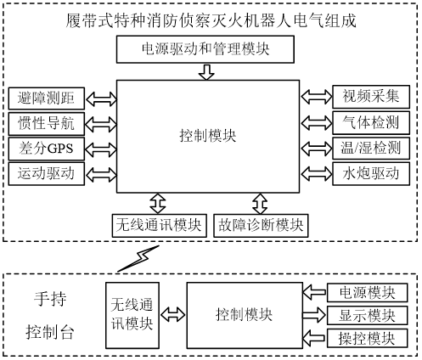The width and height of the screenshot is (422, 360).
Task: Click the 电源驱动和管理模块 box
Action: click(205, 49)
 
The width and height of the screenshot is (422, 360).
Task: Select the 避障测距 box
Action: click(47, 98)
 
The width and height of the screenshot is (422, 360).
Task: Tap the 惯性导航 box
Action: click(47, 123)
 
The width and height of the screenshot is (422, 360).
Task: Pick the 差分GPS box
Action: click(47, 149)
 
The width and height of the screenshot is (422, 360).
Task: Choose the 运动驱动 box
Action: click(47, 173)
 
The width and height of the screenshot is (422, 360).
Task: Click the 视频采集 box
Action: click(371, 97)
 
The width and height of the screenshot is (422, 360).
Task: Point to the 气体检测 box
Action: click(371, 122)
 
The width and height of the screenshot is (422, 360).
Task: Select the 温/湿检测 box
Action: click(371, 148)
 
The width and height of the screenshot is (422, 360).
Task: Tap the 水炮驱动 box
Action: click(371, 173)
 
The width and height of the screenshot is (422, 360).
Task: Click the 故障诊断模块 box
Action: click(261, 226)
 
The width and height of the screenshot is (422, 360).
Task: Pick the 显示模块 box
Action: click(367, 315)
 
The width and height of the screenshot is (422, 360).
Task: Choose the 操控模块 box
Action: click(367, 339)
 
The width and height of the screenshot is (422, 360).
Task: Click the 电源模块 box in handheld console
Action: click(367, 292)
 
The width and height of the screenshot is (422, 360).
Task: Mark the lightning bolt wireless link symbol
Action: click(138, 258)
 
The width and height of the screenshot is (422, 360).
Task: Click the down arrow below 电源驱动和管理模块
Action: click(206, 72)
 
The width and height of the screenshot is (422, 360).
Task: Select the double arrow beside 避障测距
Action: click(101, 98)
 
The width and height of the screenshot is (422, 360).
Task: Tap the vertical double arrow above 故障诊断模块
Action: click(260, 204)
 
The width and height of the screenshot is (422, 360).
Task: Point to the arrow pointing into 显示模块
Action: click(314, 315)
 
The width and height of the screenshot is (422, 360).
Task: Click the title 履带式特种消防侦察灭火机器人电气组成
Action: click(211, 20)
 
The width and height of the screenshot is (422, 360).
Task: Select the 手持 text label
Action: click(50, 299)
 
